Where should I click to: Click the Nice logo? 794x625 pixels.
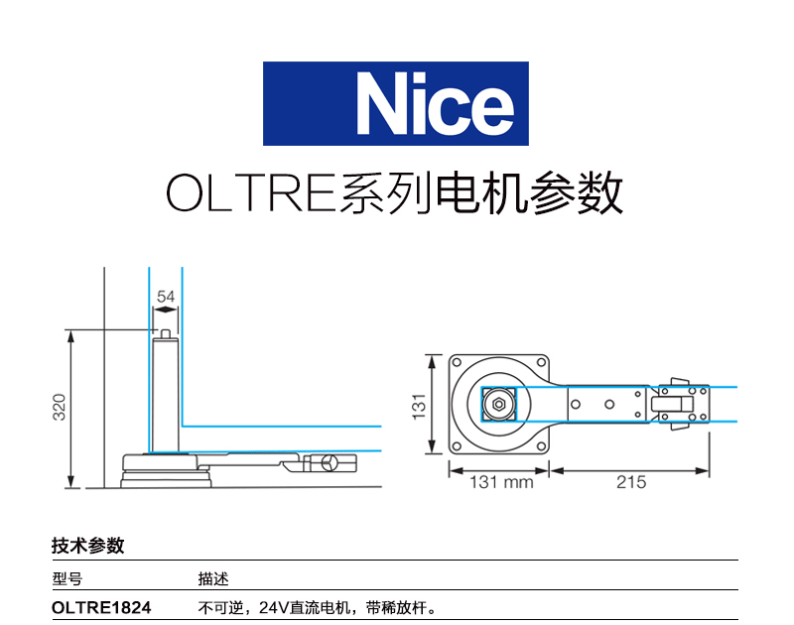(x=395, y=104)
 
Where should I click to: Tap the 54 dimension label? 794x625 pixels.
(x=166, y=297)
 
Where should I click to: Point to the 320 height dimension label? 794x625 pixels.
(x=60, y=407)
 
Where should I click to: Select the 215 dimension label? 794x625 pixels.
(x=631, y=482)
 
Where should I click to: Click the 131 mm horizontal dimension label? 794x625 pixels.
(x=501, y=482)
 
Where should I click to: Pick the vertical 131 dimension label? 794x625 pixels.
(x=418, y=407)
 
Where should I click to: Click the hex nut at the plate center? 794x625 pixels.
(x=499, y=405)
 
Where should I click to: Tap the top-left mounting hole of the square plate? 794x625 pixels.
(x=457, y=362)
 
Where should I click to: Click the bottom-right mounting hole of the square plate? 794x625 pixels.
(x=541, y=446)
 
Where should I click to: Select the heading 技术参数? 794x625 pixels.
(x=88, y=546)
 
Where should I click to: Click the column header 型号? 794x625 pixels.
(x=66, y=578)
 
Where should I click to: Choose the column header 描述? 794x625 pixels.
(x=213, y=578)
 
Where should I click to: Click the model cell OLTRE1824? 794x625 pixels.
(x=101, y=607)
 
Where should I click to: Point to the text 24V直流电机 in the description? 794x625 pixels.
(x=305, y=607)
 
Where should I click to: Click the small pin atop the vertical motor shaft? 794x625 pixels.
(x=165, y=333)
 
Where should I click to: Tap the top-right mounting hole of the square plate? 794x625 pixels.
(x=541, y=362)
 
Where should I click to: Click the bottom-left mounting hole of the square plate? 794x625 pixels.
(x=457, y=446)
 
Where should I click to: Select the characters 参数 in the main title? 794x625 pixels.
(x=577, y=192)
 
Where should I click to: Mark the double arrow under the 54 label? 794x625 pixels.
(x=165, y=309)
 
